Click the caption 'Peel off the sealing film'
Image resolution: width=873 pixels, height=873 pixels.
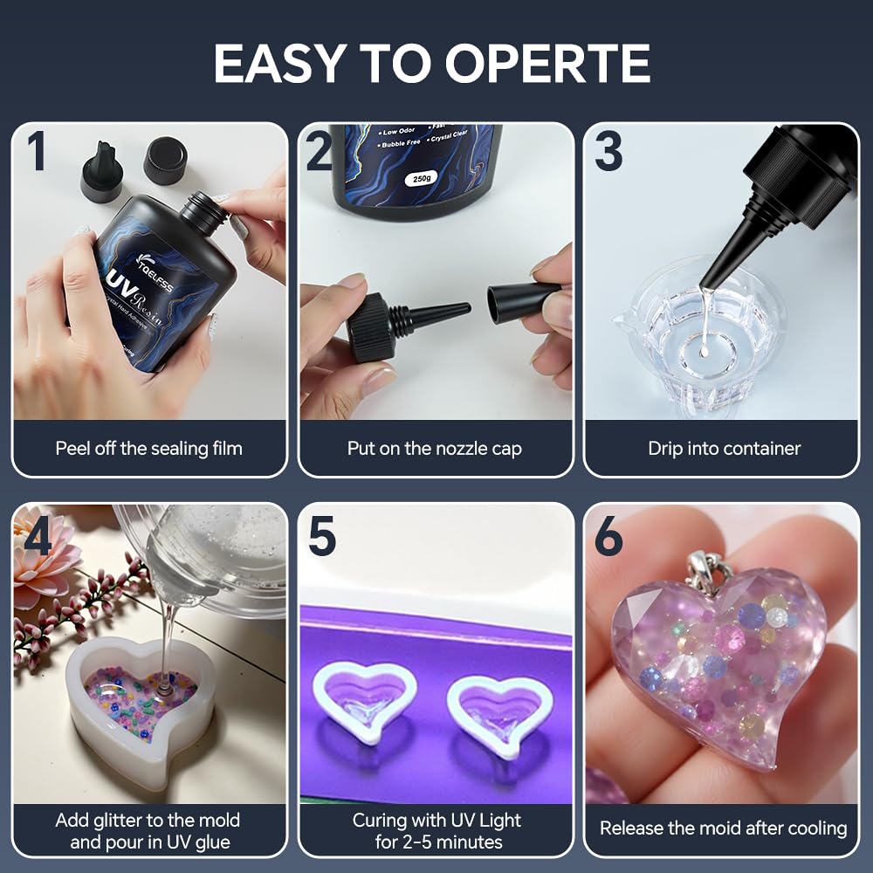tap(149, 449)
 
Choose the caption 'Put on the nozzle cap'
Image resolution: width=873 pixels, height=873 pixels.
tap(435, 449)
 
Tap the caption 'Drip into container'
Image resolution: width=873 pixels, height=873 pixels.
tap(724, 449)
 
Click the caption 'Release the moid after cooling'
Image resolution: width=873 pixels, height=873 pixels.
tap(724, 828)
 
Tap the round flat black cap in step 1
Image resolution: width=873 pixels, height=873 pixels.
tap(165, 160)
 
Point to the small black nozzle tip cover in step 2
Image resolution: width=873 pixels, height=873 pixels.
tap(521, 302)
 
